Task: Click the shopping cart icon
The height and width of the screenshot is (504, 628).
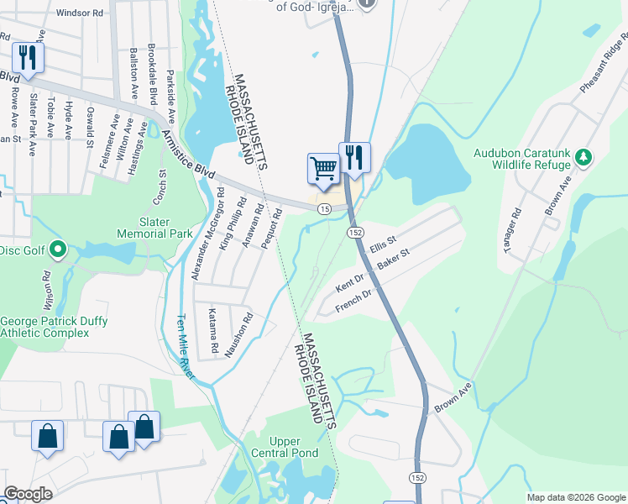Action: click(x=323, y=169)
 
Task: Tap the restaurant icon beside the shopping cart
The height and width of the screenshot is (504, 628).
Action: click(x=354, y=158)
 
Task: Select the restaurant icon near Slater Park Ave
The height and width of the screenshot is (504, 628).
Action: click(x=28, y=59)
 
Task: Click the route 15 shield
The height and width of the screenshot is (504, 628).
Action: click(x=322, y=208)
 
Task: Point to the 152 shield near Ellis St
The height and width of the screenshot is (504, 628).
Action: click(x=355, y=232)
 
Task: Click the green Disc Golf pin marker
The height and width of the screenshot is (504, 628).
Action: click(x=57, y=249)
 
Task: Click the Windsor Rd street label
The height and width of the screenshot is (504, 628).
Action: click(x=79, y=13)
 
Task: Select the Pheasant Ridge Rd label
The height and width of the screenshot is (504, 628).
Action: click(x=603, y=64)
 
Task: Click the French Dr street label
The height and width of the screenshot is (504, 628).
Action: click(x=353, y=300)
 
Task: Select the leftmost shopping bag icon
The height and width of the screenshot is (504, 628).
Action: click(x=47, y=436)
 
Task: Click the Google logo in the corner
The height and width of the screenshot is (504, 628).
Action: click(x=28, y=494)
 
